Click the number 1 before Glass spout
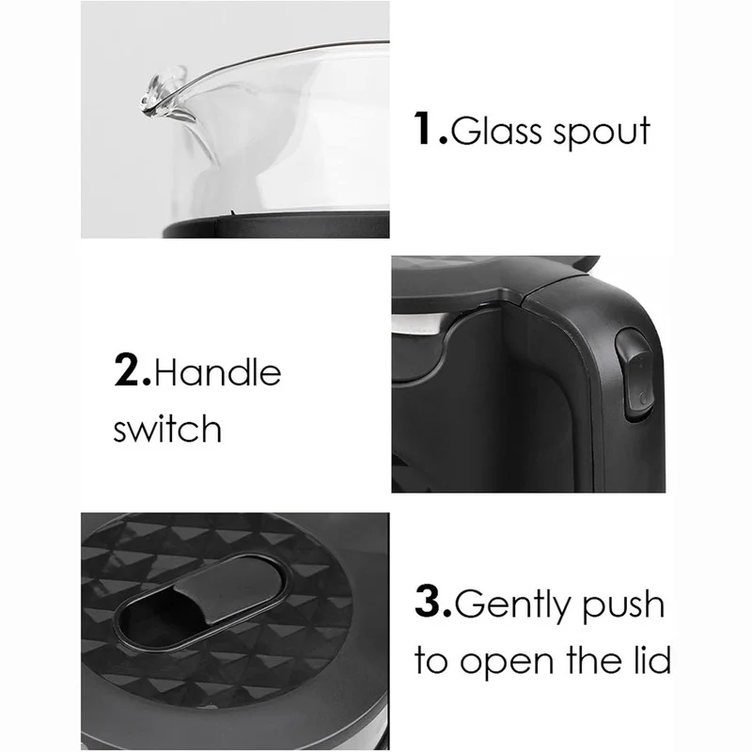click(425, 128)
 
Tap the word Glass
click(496, 130)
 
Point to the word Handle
click(218, 370)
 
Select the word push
click(623, 605)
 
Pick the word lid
click(652, 660)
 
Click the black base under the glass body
click(275, 225)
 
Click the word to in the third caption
click(431, 662)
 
